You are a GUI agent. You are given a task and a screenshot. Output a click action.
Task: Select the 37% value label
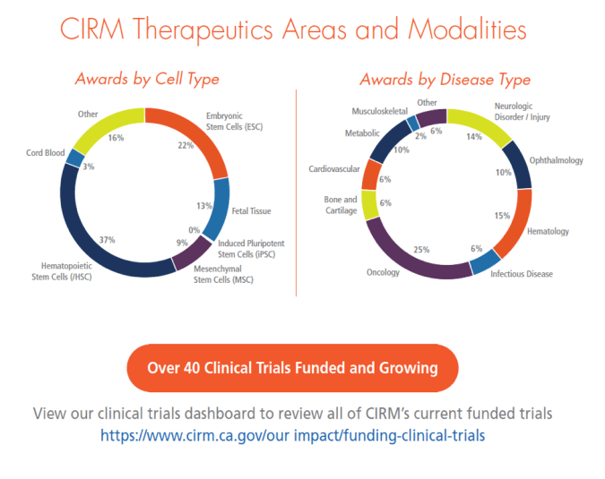click(x=107, y=240)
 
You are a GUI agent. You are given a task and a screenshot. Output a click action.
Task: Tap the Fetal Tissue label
click(x=250, y=211)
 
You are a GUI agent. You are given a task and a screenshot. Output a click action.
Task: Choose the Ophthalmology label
click(x=557, y=161)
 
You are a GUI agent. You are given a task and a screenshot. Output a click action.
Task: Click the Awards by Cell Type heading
click(x=147, y=79)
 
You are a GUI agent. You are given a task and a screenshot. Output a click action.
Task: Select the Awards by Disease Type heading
click(x=445, y=79)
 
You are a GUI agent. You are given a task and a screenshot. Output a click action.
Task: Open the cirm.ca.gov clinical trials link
click(x=292, y=435)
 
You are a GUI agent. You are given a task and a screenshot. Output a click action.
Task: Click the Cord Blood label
click(x=45, y=153)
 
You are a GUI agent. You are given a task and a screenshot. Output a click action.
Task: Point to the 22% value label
click(x=186, y=145)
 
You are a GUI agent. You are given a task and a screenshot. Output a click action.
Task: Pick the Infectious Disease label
click(x=522, y=273)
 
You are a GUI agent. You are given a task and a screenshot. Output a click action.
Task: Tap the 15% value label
click(x=502, y=215)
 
